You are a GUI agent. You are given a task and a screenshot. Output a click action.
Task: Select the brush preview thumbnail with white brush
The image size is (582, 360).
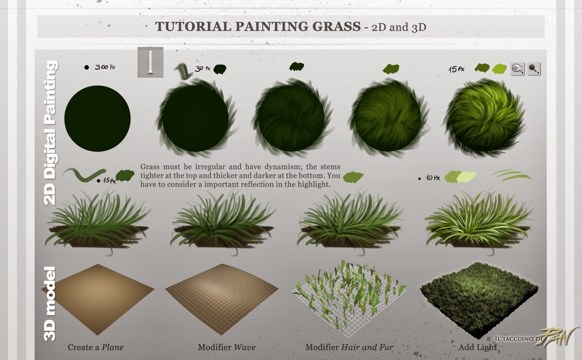pos(151,62)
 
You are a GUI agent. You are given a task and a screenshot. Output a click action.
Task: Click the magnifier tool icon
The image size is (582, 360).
pos(534,69)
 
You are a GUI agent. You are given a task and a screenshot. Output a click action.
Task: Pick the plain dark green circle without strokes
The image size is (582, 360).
pos(97,119)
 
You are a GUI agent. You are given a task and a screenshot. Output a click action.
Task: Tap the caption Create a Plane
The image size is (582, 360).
pos(96,347)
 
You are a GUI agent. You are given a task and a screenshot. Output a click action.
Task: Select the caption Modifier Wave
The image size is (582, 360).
pos(227,347)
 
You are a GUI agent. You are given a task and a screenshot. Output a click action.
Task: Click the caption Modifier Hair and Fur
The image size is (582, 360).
pos(349,347)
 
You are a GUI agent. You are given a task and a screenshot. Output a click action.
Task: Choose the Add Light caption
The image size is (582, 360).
pos(478,347)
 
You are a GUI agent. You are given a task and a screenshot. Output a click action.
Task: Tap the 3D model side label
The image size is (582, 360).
pos(49,304)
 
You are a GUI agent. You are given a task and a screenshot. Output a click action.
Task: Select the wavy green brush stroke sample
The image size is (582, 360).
pos(84,174)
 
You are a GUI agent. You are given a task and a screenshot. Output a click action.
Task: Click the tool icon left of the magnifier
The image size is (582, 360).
pos(517,69)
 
